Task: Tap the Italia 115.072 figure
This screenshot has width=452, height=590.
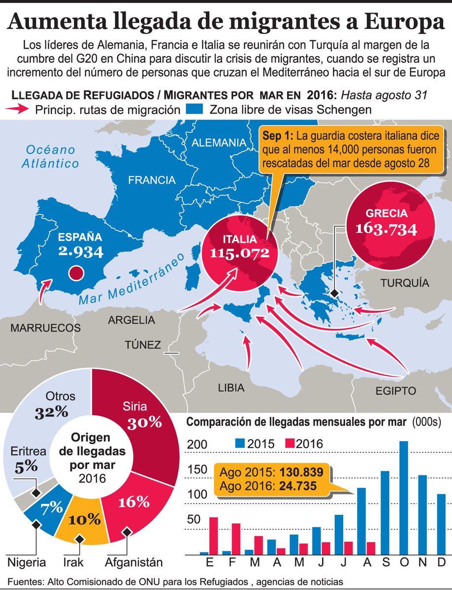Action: [240, 253]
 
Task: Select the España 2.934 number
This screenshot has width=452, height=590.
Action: [81, 252]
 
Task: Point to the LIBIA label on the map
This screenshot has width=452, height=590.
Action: [231, 388]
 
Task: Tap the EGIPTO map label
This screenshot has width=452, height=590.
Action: [395, 391]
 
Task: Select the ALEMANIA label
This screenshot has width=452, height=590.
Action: [219, 143]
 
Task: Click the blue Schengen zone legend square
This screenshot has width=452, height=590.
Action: [196, 109]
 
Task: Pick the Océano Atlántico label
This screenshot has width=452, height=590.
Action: [50, 156]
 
